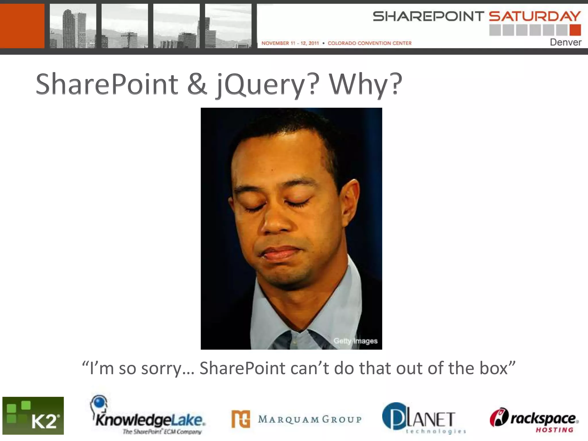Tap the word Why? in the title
pyautogui.click(x=365, y=84)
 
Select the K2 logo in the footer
pyautogui.click(x=33, y=415)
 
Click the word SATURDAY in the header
pyautogui.click(x=535, y=16)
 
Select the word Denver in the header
pyautogui.click(x=565, y=42)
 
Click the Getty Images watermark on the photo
pyautogui.click(x=355, y=341)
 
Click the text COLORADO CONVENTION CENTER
pyautogui.click(x=370, y=43)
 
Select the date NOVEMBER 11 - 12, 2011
pyautogui.click(x=290, y=43)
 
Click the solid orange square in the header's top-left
pyautogui.click(x=22, y=26)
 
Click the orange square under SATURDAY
pyautogui.click(x=575, y=30)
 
